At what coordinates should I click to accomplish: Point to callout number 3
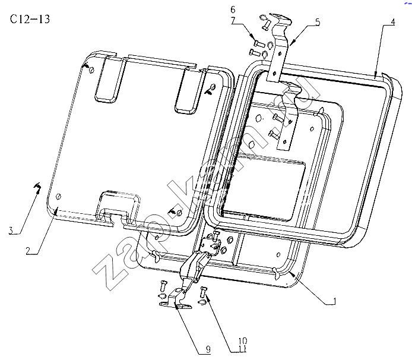[11, 230]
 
